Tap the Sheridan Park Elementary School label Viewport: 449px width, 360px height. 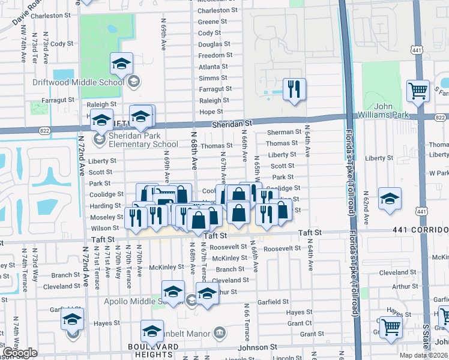pyautogui.click(x=136, y=140)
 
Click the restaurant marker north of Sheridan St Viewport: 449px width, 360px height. pyautogui.click(x=294, y=89)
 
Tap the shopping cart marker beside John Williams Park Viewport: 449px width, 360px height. pyautogui.click(x=418, y=91)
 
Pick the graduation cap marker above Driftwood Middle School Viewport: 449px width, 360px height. pyautogui.click(x=121, y=63)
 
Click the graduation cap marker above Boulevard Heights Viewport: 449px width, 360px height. pyautogui.click(x=152, y=331)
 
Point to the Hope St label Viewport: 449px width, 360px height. pyautogui.click(x=211, y=112)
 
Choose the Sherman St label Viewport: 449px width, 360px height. pyautogui.click(x=284, y=132)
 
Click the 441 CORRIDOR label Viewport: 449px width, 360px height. pyautogui.click(x=421, y=230)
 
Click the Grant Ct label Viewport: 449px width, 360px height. pyautogui.click(x=300, y=323)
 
